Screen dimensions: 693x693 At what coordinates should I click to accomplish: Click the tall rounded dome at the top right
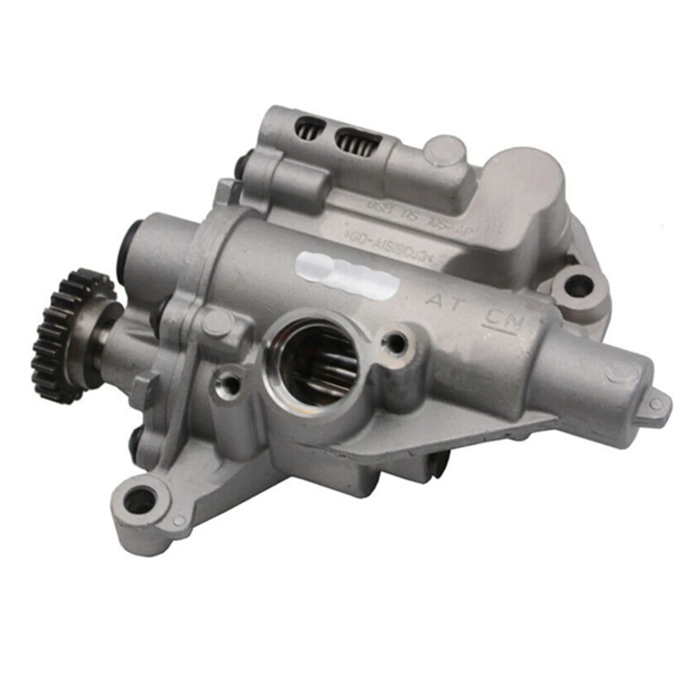coord(526,179)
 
